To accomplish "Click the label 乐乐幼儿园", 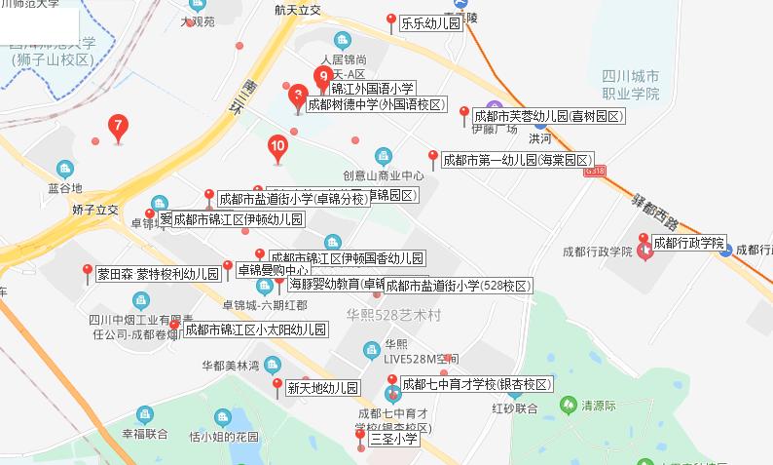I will [430, 22].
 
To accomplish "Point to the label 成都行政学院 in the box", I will [689, 243].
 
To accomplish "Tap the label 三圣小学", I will [394, 439].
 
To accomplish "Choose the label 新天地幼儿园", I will [323, 388].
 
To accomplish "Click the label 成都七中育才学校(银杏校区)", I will [477, 383].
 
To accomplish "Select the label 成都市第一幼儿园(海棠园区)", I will [516, 160].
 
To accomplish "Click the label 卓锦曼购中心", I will [273, 269].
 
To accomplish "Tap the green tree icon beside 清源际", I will [568, 404].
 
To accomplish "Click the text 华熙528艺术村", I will [393, 315].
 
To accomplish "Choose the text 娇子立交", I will [94, 210].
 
